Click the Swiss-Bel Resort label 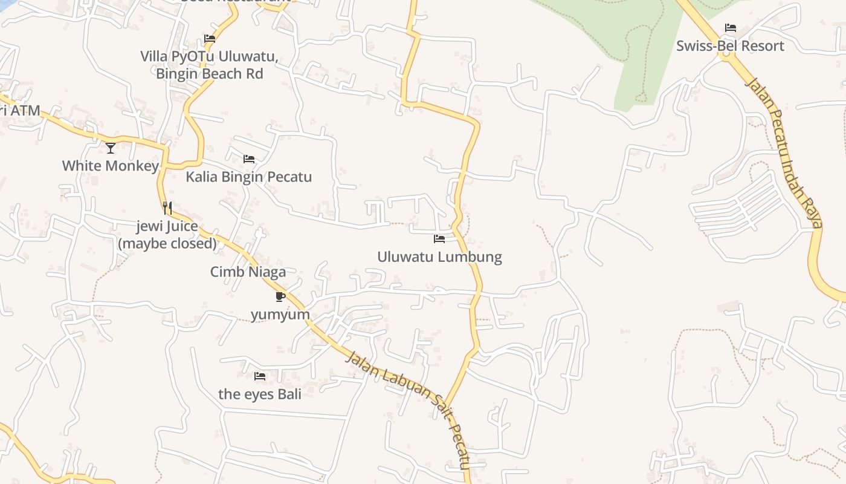(730, 46)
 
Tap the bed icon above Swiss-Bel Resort (731, 28)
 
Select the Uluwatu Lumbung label (439, 257)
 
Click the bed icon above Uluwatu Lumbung (439, 239)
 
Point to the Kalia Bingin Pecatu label (248, 177)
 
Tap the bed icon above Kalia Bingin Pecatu (249, 159)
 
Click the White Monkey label (111, 165)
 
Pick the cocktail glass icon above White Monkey (111, 148)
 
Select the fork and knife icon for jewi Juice (167, 208)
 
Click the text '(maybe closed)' (167, 243)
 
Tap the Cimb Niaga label (248, 272)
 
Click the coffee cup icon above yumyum (280, 296)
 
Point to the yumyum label (280, 314)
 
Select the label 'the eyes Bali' (260, 393)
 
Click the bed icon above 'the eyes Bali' (260, 376)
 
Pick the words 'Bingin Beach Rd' (210, 74)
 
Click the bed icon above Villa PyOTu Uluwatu (210, 39)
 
